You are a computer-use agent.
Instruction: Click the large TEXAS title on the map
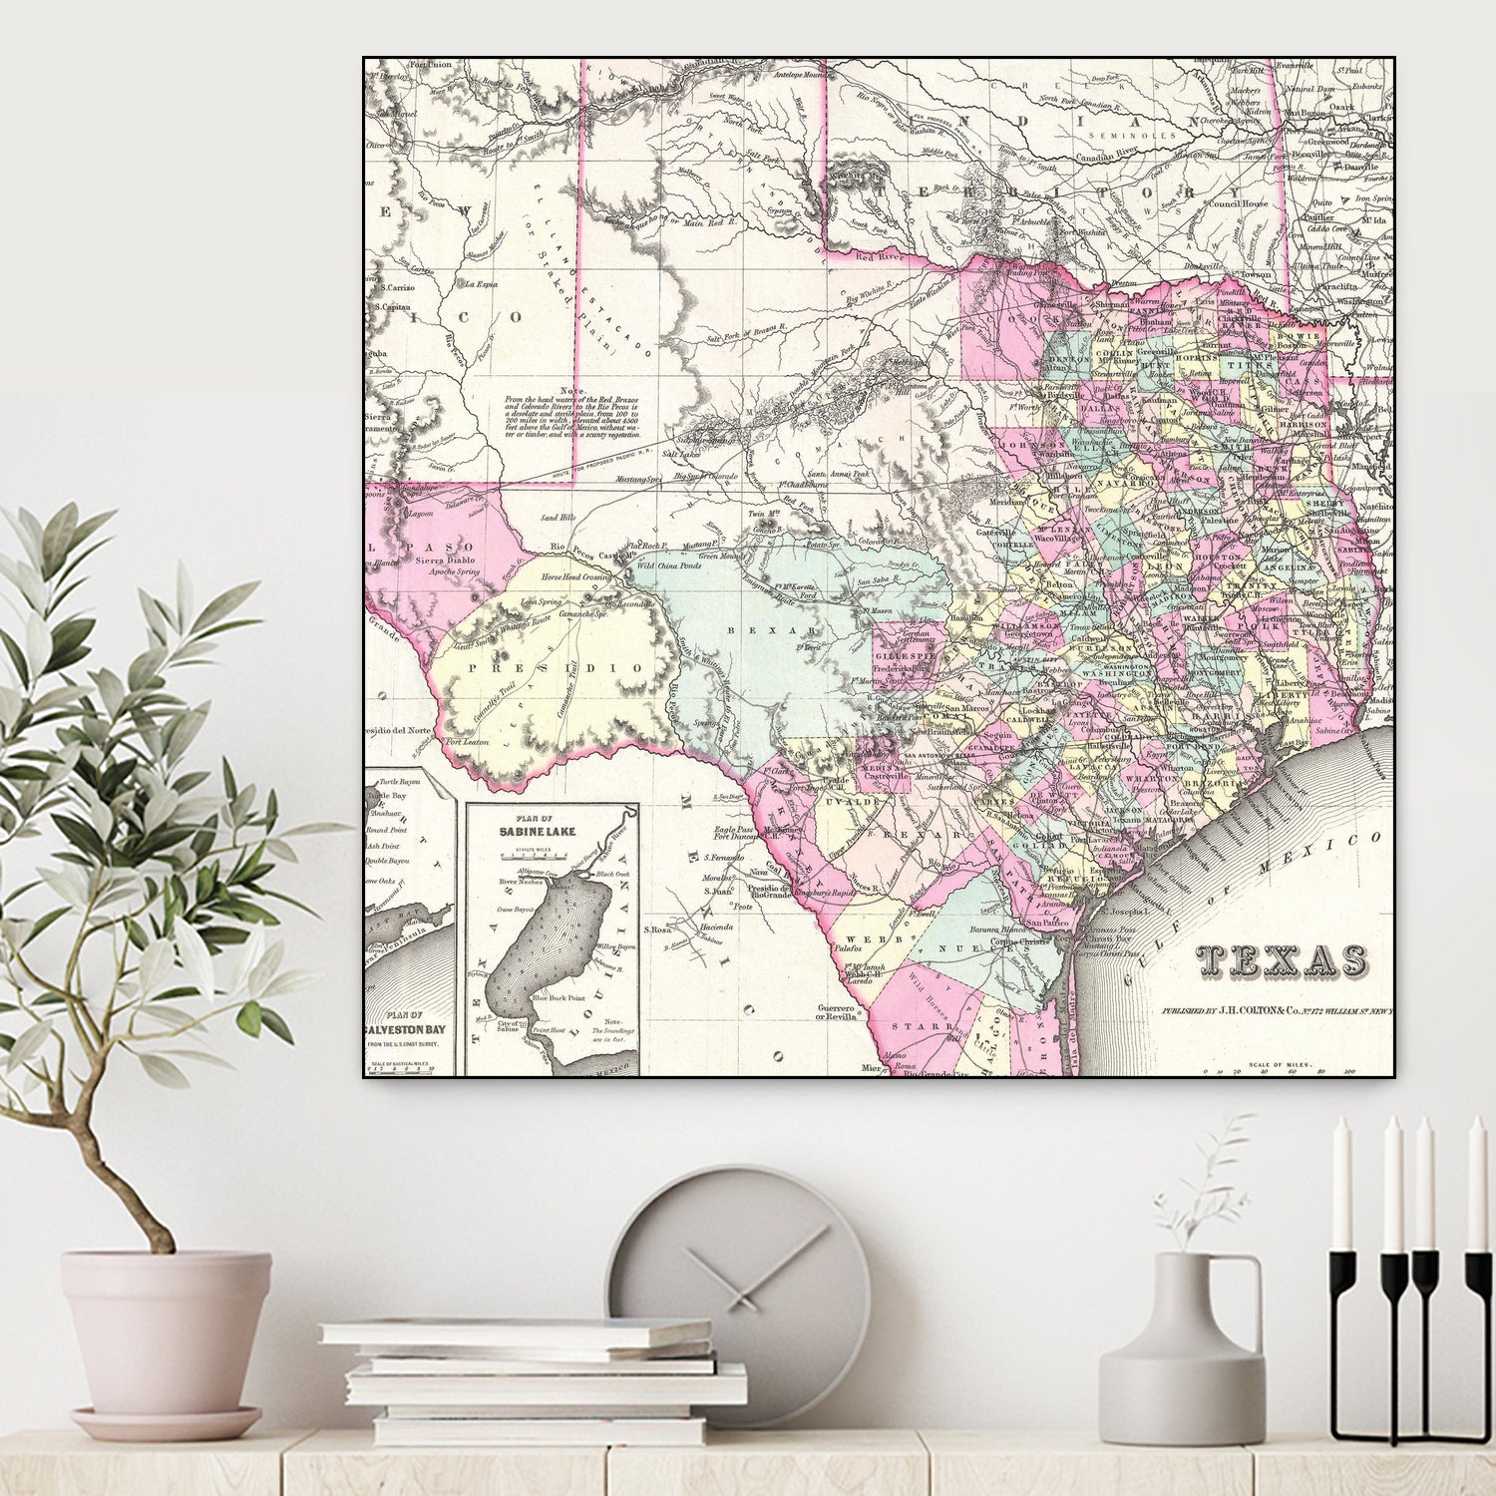point(1282,960)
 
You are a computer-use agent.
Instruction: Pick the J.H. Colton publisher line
point(1277,1011)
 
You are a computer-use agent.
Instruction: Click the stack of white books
point(532,1381)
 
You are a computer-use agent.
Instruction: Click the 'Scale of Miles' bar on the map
point(1283,1069)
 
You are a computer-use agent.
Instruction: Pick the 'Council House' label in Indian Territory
point(1238,203)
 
